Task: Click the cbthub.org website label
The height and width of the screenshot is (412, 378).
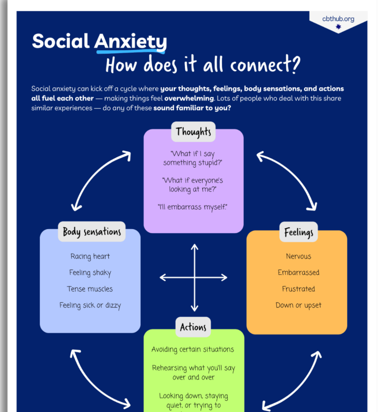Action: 338,19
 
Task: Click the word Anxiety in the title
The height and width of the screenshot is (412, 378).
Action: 130,41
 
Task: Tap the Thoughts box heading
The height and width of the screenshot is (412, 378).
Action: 193,132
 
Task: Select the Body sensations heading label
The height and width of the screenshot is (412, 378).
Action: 92,232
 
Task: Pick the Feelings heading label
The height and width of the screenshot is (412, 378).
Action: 298,232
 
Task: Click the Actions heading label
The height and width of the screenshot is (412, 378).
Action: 193,327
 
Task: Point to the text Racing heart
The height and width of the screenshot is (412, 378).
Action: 90,256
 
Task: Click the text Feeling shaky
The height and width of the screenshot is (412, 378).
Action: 90,273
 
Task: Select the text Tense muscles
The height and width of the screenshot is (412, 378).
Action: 90,289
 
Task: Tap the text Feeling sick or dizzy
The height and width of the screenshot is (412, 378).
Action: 90,305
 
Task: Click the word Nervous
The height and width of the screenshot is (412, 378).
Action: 298,256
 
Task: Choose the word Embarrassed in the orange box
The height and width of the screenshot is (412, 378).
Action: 298,273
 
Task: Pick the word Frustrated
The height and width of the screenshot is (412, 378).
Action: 298,289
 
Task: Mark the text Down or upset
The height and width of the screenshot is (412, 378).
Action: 298,305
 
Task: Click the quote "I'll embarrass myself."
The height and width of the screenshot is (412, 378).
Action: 193,207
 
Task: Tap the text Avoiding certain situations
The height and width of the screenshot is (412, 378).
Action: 193,349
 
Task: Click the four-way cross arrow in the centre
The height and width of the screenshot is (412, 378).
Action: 194,277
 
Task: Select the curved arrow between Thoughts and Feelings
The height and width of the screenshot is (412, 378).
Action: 286,180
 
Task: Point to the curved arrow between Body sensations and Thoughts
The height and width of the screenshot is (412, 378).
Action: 101,180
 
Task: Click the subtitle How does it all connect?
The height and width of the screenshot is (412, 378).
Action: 203,65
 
